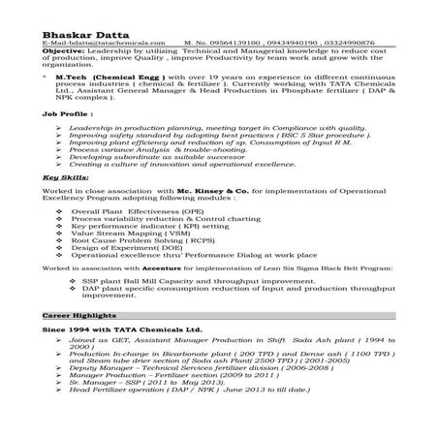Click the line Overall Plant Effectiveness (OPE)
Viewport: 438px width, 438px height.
tap(137, 210)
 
